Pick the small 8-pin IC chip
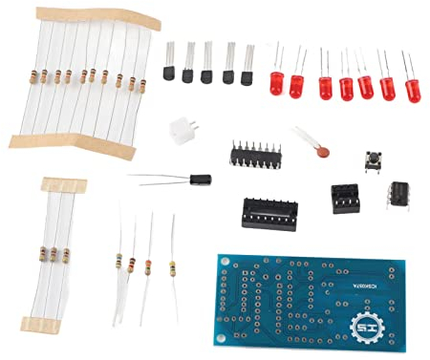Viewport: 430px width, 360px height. [397, 196]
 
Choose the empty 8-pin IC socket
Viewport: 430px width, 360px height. [347, 196]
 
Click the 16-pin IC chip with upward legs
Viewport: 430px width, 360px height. [255, 153]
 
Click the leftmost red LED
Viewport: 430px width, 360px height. [276, 82]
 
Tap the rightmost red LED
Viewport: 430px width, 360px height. [414, 92]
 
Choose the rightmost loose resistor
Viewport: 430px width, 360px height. [173, 266]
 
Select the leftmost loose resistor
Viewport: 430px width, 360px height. [119, 262]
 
